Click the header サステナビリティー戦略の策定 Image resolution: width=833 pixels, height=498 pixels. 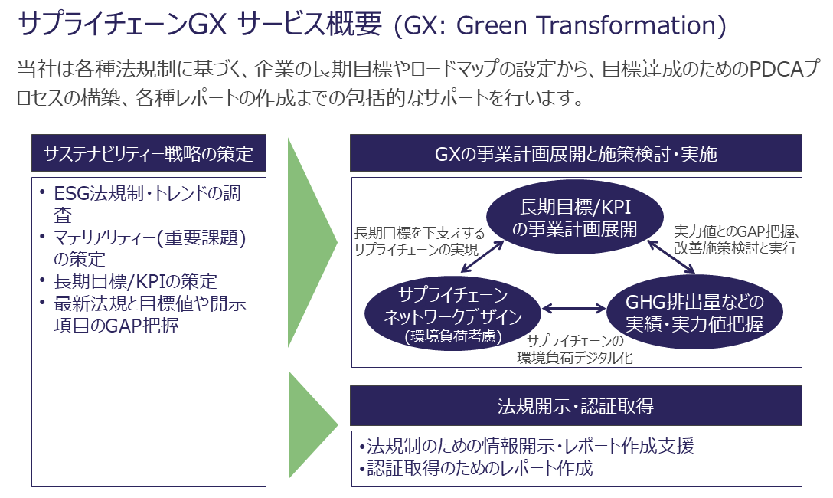point(149,153)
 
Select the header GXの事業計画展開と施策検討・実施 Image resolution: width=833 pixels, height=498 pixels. point(576,153)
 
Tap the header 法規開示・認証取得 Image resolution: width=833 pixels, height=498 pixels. point(576,406)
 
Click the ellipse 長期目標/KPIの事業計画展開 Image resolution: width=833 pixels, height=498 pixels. point(575,218)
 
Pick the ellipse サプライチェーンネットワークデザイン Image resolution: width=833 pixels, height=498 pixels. point(452,314)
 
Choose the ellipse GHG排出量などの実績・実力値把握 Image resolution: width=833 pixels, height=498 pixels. point(694,313)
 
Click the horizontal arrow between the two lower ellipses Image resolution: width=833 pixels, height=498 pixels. point(573,308)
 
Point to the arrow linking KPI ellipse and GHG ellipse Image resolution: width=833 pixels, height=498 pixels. point(671,257)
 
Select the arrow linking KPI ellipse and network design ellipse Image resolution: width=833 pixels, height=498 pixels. point(482,257)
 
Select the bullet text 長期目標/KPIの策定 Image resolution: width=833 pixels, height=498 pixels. point(136,281)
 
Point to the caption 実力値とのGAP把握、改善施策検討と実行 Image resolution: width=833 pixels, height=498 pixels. point(737,240)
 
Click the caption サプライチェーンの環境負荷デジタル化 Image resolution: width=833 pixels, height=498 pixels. point(575,349)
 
